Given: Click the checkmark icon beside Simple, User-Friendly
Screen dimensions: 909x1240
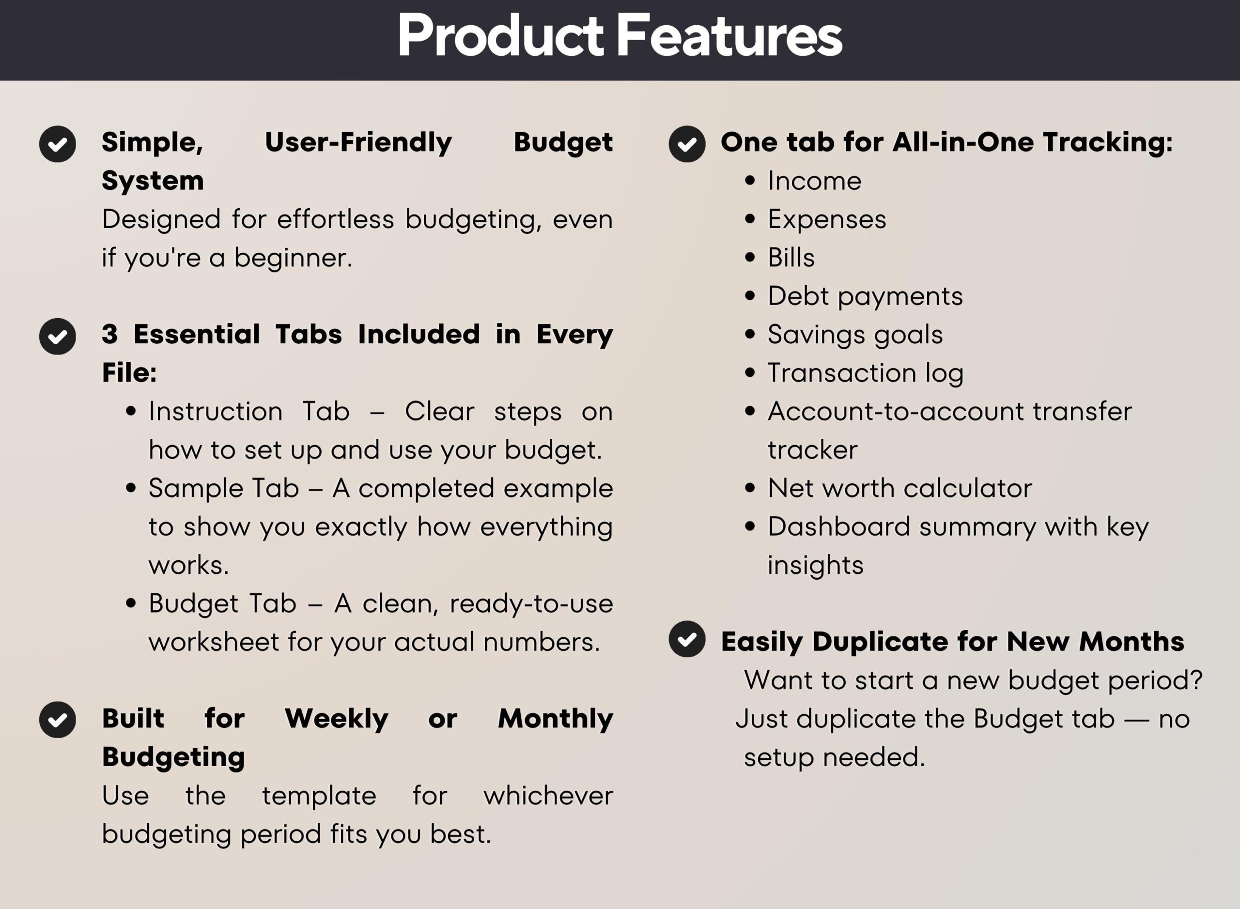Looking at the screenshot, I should pos(57,144).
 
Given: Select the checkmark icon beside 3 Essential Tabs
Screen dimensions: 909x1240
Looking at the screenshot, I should pos(57,336).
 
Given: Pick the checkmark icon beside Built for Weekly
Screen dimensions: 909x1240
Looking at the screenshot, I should pos(57,720).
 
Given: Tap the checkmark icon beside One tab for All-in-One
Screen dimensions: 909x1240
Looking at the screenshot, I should pos(687,144).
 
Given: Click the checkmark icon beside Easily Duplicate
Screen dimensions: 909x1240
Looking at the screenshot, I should pos(687,639).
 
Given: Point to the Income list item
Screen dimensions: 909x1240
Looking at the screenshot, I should pos(814,181).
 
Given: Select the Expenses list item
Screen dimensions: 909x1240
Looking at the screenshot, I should pos(827,219).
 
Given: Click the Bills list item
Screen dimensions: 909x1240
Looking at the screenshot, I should pos(791,258).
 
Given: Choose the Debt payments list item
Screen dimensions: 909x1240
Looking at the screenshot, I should pos(865,296).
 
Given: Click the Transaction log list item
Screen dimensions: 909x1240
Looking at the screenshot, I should pos(865,373).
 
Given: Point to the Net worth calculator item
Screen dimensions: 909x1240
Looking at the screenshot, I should pos(899,488).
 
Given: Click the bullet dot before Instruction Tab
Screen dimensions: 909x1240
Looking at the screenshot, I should pos(130,411).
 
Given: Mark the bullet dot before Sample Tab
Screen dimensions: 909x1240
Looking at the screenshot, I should pos(130,488).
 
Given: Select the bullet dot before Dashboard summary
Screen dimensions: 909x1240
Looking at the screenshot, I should pos(750,526).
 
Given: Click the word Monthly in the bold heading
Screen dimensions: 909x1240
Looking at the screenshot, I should pos(555,719).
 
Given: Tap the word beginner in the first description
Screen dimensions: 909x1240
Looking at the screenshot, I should pos(293,258).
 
